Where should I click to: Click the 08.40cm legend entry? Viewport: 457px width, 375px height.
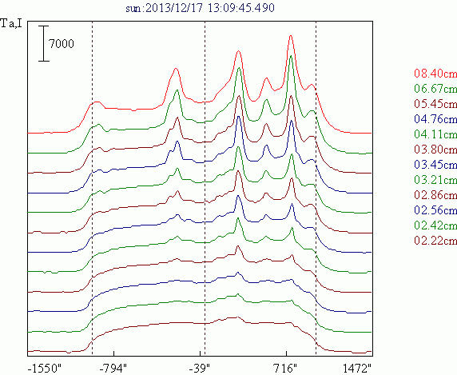tap(435, 74)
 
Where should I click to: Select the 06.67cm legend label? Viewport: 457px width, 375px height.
tap(435, 89)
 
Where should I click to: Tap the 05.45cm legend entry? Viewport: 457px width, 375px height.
tap(435, 103)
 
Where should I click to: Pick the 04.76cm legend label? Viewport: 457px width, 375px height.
tap(435, 118)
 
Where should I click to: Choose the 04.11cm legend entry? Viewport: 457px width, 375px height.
tap(435, 134)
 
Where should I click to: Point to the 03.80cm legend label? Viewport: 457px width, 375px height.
tap(435, 150)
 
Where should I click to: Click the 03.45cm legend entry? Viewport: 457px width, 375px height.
tap(435, 165)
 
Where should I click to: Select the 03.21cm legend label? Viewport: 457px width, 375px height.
tap(435, 180)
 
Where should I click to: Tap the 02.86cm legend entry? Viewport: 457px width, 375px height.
tap(435, 195)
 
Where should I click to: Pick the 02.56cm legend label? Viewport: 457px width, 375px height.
tap(435, 210)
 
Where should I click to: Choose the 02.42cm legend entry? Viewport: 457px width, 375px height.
tap(435, 225)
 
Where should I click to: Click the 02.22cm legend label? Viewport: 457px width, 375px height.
tap(435, 241)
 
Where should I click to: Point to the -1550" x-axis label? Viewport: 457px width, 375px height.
tap(45, 369)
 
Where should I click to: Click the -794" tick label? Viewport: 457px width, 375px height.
tap(113, 369)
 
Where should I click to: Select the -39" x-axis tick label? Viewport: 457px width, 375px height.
tap(200, 369)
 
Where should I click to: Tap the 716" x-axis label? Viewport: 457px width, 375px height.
tap(285, 369)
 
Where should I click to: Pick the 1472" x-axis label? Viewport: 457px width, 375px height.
tap(357, 369)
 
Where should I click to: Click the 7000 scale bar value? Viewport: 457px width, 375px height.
tap(62, 44)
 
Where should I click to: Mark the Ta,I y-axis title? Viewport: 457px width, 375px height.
tap(11, 23)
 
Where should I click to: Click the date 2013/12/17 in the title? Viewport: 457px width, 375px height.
tap(173, 8)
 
